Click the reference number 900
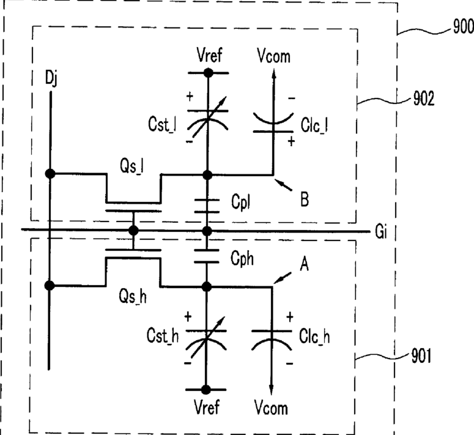(463, 26)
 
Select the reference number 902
(423, 99)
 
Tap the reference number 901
(421, 356)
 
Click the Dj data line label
(51, 78)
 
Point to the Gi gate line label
(381, 232)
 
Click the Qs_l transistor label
(131, 166)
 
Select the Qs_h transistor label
(133, 296)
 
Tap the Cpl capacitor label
(240, 202)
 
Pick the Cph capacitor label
(242, 259)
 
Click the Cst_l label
(162, 124)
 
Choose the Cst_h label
(163, 335)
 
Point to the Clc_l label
(314, 125)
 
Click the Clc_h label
(314, 336)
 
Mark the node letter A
(305, 264)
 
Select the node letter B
(305, 199)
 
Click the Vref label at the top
(209, 55)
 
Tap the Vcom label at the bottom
(271, 407)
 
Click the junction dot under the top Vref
(209, 73)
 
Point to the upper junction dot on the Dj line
(50, 174)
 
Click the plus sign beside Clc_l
(291, 141)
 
